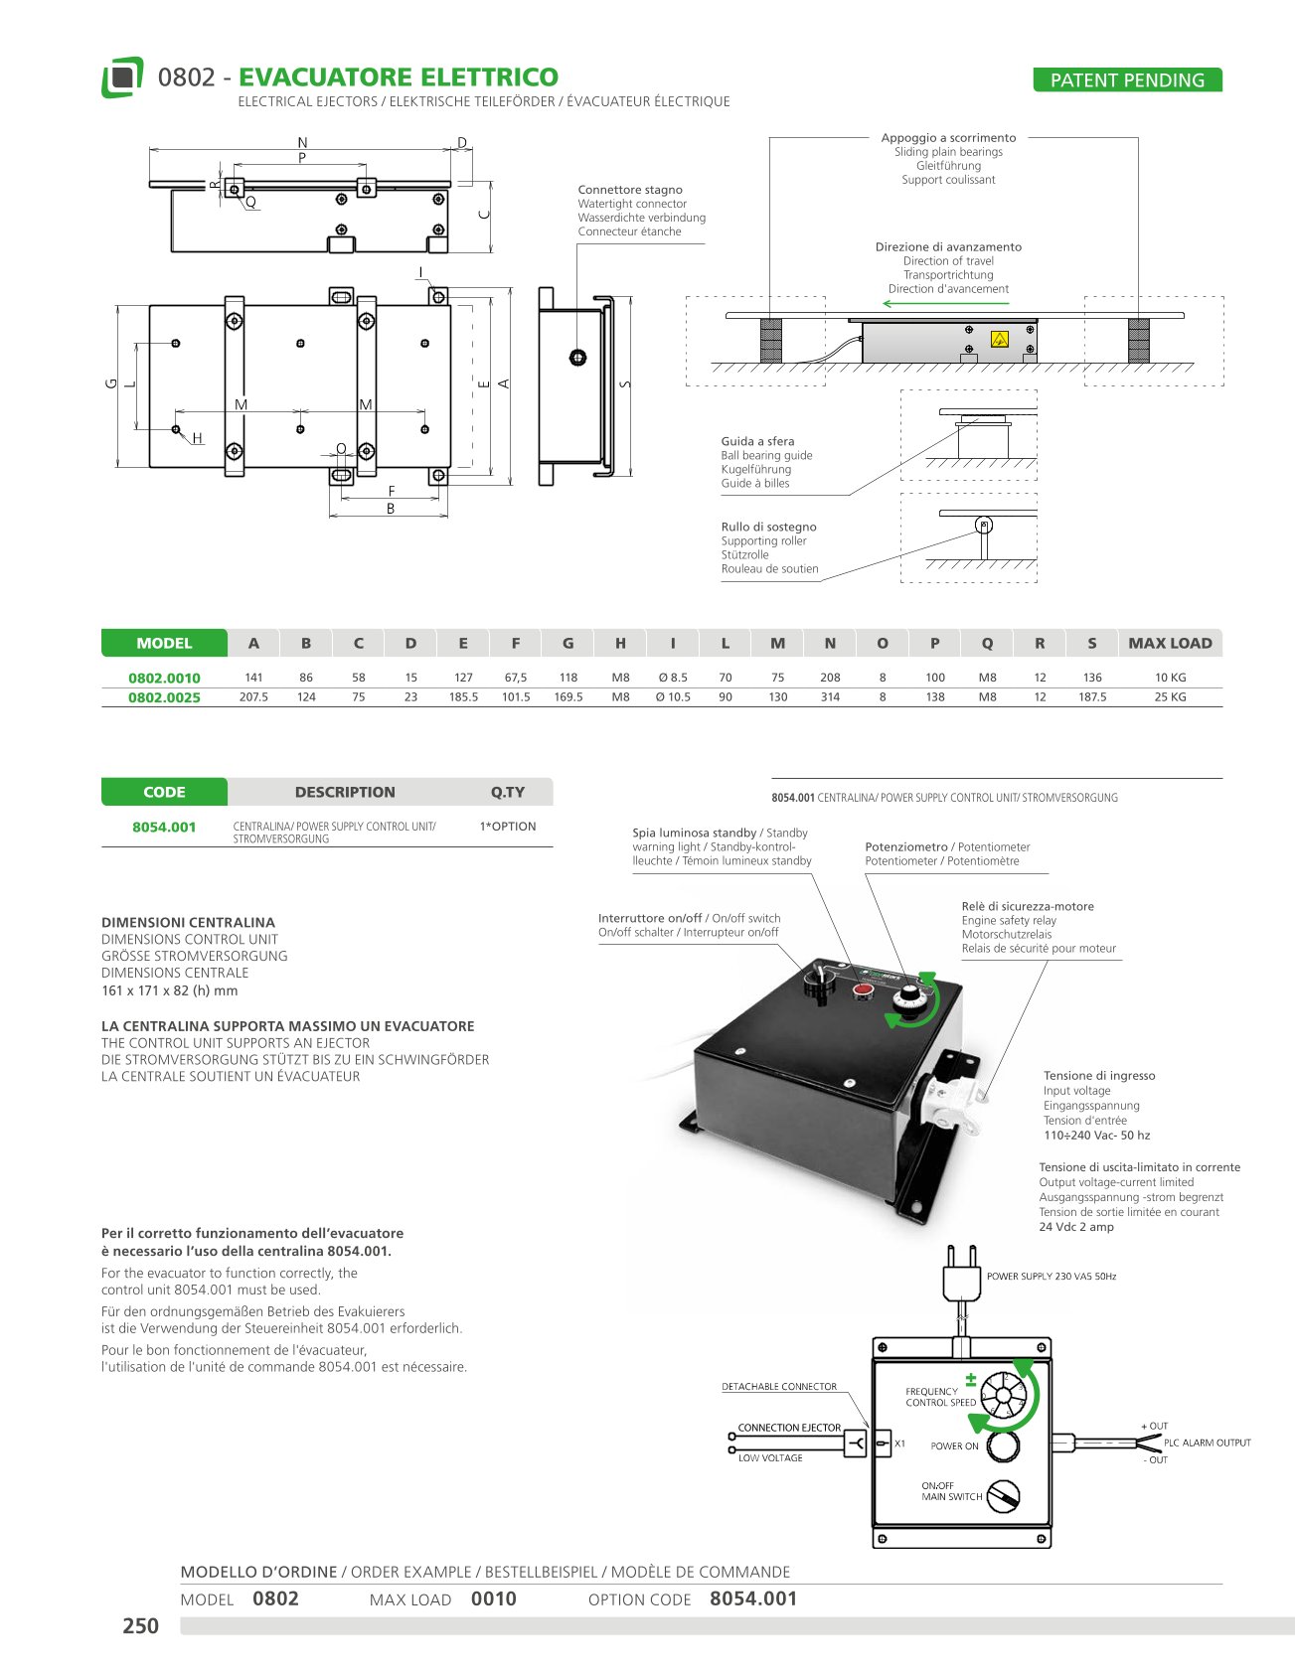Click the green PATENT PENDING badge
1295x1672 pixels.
click(x=1127, y=80)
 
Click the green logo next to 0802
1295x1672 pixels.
click(x=122, y=77)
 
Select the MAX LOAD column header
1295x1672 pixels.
click(x=1170, y=643)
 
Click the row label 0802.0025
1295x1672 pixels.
click(x=164, y=697)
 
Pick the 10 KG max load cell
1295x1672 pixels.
click(x=1170, y=678)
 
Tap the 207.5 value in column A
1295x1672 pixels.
click(x=253, y=697)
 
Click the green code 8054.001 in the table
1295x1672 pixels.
click(x=164, y=827)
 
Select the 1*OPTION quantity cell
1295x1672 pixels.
click(x=507, y=827)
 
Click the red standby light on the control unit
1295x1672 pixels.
click(x=863, y=989)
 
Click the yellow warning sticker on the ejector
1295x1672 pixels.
click(x=1000, y=340)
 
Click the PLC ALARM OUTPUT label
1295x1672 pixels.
click(x=1207, y=1443)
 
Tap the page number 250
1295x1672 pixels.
click(x=140, y=1625)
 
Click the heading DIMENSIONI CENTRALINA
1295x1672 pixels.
click(x=188, y=922)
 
